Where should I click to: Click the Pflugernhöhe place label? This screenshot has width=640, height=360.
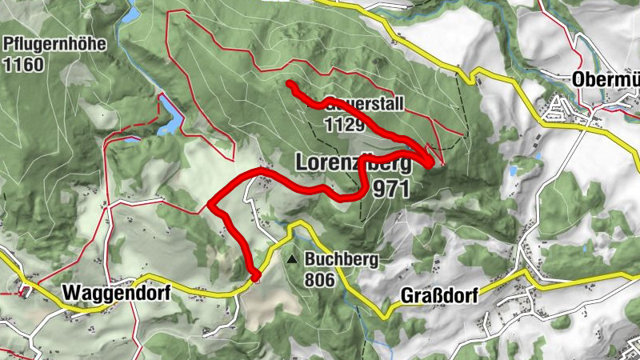tap(54, 45)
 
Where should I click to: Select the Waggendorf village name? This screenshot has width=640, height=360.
tap(115, 293)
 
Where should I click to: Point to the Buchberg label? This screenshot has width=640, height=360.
tap(340, 260)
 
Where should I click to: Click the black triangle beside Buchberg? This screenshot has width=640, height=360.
tap(292, 259)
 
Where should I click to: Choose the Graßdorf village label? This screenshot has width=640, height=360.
tap(438, 296)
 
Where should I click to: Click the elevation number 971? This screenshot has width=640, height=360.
tap(391, 189)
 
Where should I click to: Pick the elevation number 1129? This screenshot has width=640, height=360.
tap(345, 124)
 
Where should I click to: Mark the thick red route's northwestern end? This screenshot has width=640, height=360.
tap(290, 84)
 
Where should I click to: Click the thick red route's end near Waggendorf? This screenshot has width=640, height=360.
tap(257, 277)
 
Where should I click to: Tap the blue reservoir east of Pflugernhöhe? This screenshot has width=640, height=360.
tap(170, 114)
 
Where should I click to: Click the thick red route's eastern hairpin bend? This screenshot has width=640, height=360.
tap(432, 162)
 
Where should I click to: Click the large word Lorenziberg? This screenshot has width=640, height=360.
tap(353, 162)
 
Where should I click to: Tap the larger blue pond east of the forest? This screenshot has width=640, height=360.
tap(513, 170)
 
